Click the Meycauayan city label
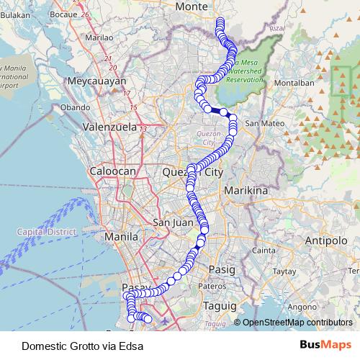96,81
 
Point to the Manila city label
120,236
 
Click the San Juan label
173,222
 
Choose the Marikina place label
246,191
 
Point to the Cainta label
265,250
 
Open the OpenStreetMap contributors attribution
297,323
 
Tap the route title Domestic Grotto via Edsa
82,346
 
